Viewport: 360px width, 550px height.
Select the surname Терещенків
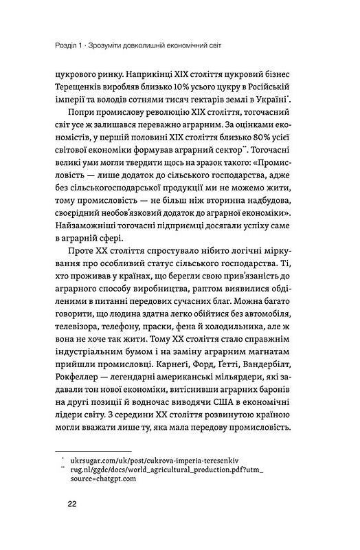point(91,89)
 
